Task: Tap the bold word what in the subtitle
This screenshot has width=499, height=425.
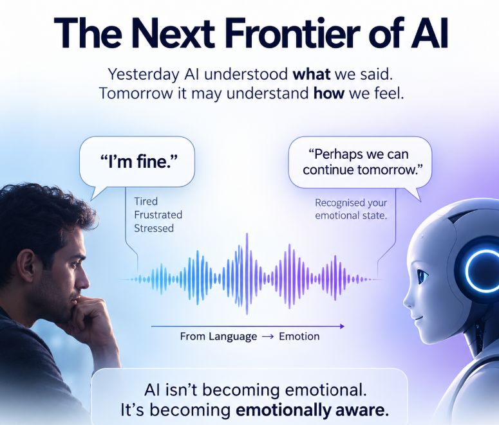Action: coord(311,75)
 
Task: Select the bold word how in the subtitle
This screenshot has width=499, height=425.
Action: coord(329,93)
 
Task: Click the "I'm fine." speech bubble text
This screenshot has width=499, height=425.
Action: coord(138,161)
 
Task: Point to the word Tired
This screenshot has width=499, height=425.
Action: coord(146,201)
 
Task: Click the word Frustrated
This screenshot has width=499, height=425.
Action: coord(158,215)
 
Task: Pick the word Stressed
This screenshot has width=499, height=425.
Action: coord(154,228)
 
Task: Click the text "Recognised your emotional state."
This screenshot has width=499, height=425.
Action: coord(351,209)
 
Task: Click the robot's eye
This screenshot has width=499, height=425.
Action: coord(422,276)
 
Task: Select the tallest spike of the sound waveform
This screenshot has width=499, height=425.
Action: coord(247,274)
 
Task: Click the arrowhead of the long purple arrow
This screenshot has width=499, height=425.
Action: coord(342,326)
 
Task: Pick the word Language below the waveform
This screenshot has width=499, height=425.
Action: coord(232,337)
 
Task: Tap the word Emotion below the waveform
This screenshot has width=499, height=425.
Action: coord(299,336)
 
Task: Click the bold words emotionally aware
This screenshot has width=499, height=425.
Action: coord(312,410)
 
